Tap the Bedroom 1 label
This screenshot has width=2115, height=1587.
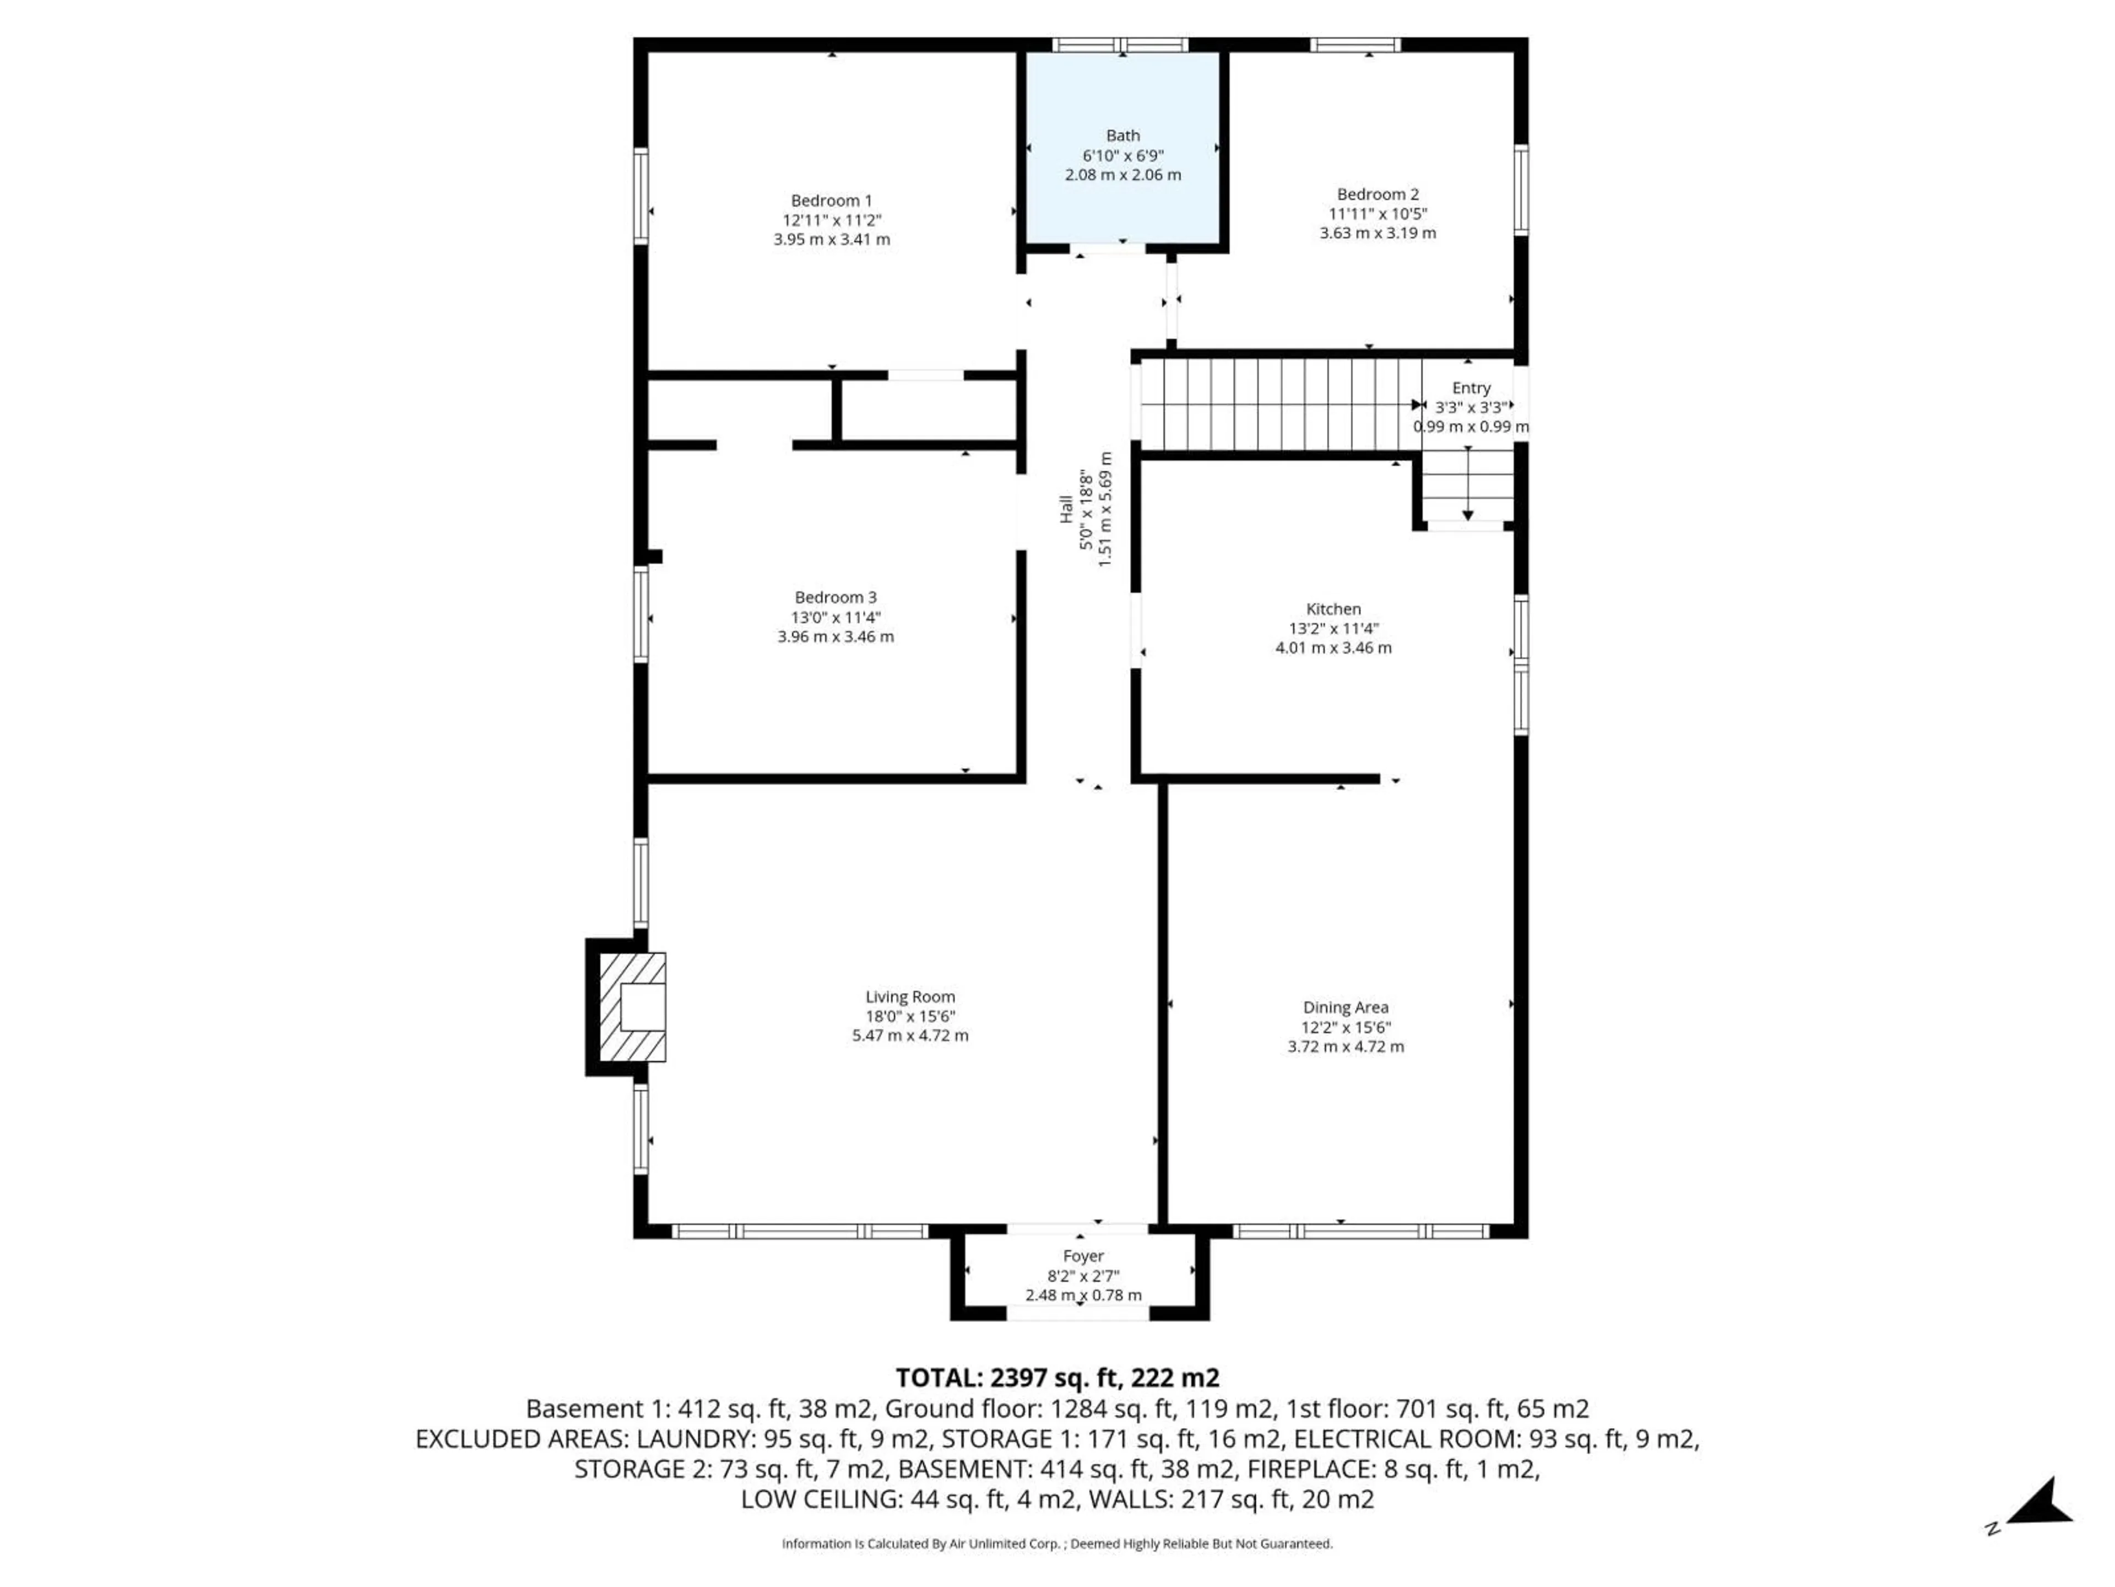(x=831, y=201)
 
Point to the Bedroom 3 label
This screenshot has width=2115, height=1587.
(x=835, y=598)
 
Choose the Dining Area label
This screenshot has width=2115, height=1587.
(x=1346, y=1007)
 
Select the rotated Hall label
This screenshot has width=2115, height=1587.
(x=1066, y=509)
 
